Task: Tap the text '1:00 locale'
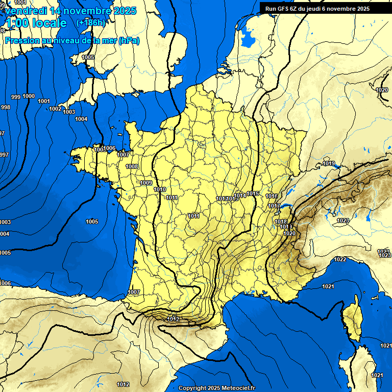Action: click(35, 23)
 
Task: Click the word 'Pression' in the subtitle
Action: click(20, 40)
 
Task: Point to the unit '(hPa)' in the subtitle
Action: click(129, 40)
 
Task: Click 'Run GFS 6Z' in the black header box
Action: click(283, 8)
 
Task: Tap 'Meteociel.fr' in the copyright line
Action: click(236, 388)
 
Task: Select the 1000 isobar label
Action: click(29, 96)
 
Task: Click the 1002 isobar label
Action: click(55, 109)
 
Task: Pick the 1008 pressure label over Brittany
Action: click(132, 166)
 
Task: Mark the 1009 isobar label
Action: click(146, 183)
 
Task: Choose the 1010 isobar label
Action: click(160, 189)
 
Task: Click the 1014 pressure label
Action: click(240, 195)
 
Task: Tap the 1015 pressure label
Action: click(253, 193)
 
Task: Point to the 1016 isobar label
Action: click(272, 196)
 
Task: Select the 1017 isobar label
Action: click(275, 206)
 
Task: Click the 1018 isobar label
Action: click(281, 222)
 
